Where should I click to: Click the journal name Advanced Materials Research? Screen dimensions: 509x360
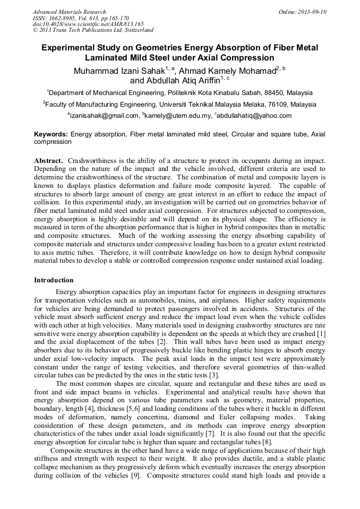(x=70, y=12)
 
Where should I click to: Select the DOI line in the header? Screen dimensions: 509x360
(x=88, y=24)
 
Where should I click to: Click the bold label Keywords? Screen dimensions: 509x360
(x=51, y=135)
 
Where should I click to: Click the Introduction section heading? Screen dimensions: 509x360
(x=54, y=280)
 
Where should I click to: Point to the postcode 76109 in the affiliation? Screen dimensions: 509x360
(x=277, y=105)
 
